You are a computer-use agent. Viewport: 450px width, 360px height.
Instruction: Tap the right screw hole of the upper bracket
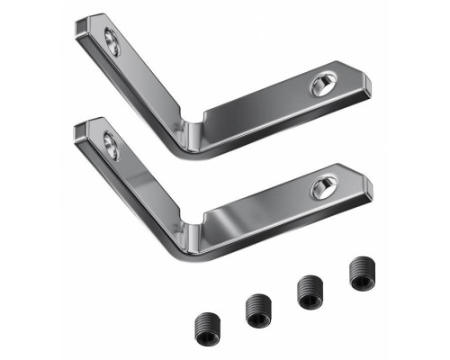point(321,86)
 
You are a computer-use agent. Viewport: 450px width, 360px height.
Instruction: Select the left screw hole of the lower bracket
point(112,144)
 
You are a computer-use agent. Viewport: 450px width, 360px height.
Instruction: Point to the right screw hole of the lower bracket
point(321,188)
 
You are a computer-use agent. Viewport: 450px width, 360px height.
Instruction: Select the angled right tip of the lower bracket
point(369,184)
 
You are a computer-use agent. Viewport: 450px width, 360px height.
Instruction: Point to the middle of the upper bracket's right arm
point(270,103)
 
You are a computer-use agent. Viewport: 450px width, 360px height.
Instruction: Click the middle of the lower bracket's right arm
point(270,205)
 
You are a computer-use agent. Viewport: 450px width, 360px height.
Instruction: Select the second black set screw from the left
point(257,311)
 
